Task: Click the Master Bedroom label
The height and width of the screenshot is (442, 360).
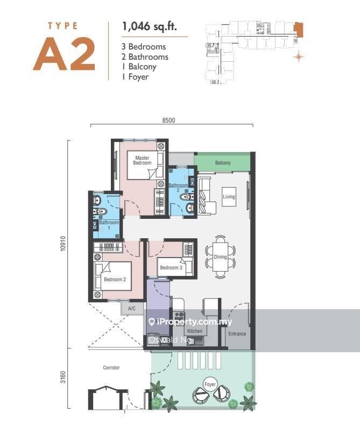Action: [142, 160]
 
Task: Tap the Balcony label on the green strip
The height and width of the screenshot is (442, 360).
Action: [223, 162]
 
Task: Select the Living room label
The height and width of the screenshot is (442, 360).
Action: [229, 196]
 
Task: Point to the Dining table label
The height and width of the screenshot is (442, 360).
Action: [220, 257]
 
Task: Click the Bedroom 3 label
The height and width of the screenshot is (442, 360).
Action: [171, 267]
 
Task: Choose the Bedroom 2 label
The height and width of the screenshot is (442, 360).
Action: [115, 280]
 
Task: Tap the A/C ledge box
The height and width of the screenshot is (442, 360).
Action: [132, 309]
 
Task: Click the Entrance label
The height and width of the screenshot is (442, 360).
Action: [237, 334]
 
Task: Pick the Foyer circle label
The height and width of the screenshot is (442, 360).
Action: [210, 384]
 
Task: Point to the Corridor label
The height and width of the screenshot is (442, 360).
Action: [111, 368]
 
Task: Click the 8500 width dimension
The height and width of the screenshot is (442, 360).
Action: [168, 120]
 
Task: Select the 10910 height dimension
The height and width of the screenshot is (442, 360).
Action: [63, 244]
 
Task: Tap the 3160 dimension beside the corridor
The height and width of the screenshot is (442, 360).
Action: [63, 377]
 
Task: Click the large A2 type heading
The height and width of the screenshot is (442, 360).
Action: [65, 54]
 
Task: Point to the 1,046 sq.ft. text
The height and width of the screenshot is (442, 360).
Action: [149, 26]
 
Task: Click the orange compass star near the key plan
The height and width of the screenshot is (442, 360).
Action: [299, 57]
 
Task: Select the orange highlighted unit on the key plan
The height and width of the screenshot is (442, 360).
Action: [299, 30]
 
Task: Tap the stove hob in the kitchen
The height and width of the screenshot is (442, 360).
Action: [179, 315]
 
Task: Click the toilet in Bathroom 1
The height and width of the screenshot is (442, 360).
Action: [100, 211]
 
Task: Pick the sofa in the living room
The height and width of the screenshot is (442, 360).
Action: [206, 196]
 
